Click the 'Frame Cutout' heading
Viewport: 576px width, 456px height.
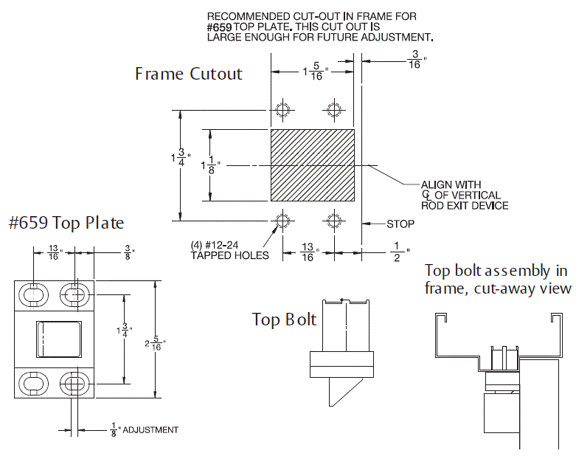pos(188,75)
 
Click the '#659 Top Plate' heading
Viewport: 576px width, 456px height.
pos(66,223)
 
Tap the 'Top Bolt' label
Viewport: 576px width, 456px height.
pos(284,319)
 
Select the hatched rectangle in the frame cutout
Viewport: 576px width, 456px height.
pos(313,165)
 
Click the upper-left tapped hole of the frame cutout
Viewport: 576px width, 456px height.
pos(282,110)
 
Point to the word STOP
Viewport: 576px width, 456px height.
pos(400,224)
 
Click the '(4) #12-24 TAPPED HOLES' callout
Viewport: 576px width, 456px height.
pos(229,251)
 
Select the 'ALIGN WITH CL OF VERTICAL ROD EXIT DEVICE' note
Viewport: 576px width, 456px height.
pos(464,195)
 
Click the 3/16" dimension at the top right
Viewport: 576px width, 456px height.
pos(414,60)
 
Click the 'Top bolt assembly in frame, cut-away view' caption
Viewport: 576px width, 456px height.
pos(498,279)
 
